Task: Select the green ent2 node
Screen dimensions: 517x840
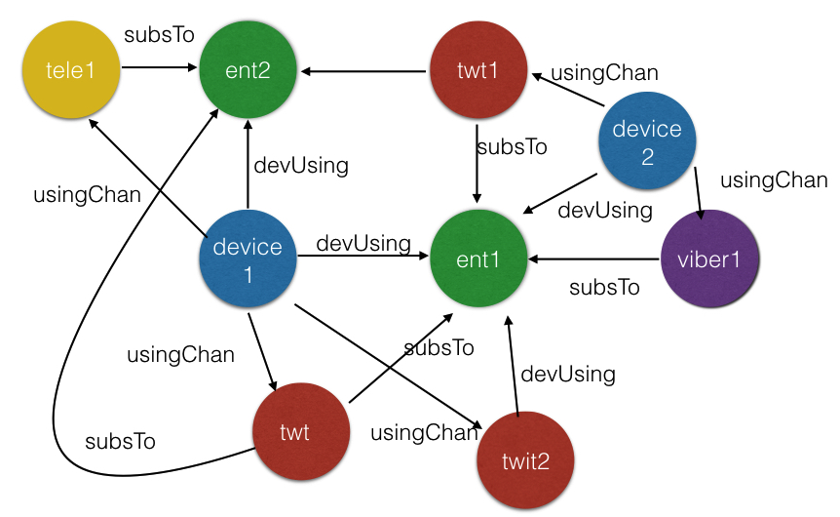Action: click(248, 70)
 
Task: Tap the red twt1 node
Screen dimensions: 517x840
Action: click(477, 70)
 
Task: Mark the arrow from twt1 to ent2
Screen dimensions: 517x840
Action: click(364, 70)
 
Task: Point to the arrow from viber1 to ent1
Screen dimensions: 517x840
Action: click(594, 259)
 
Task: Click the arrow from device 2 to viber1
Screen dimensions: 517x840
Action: click(698, 191)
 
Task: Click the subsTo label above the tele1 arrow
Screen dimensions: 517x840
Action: click(159, 35)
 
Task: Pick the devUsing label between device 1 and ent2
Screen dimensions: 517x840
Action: click(301, 165)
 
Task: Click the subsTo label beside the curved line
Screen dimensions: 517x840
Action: click(120, 440)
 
